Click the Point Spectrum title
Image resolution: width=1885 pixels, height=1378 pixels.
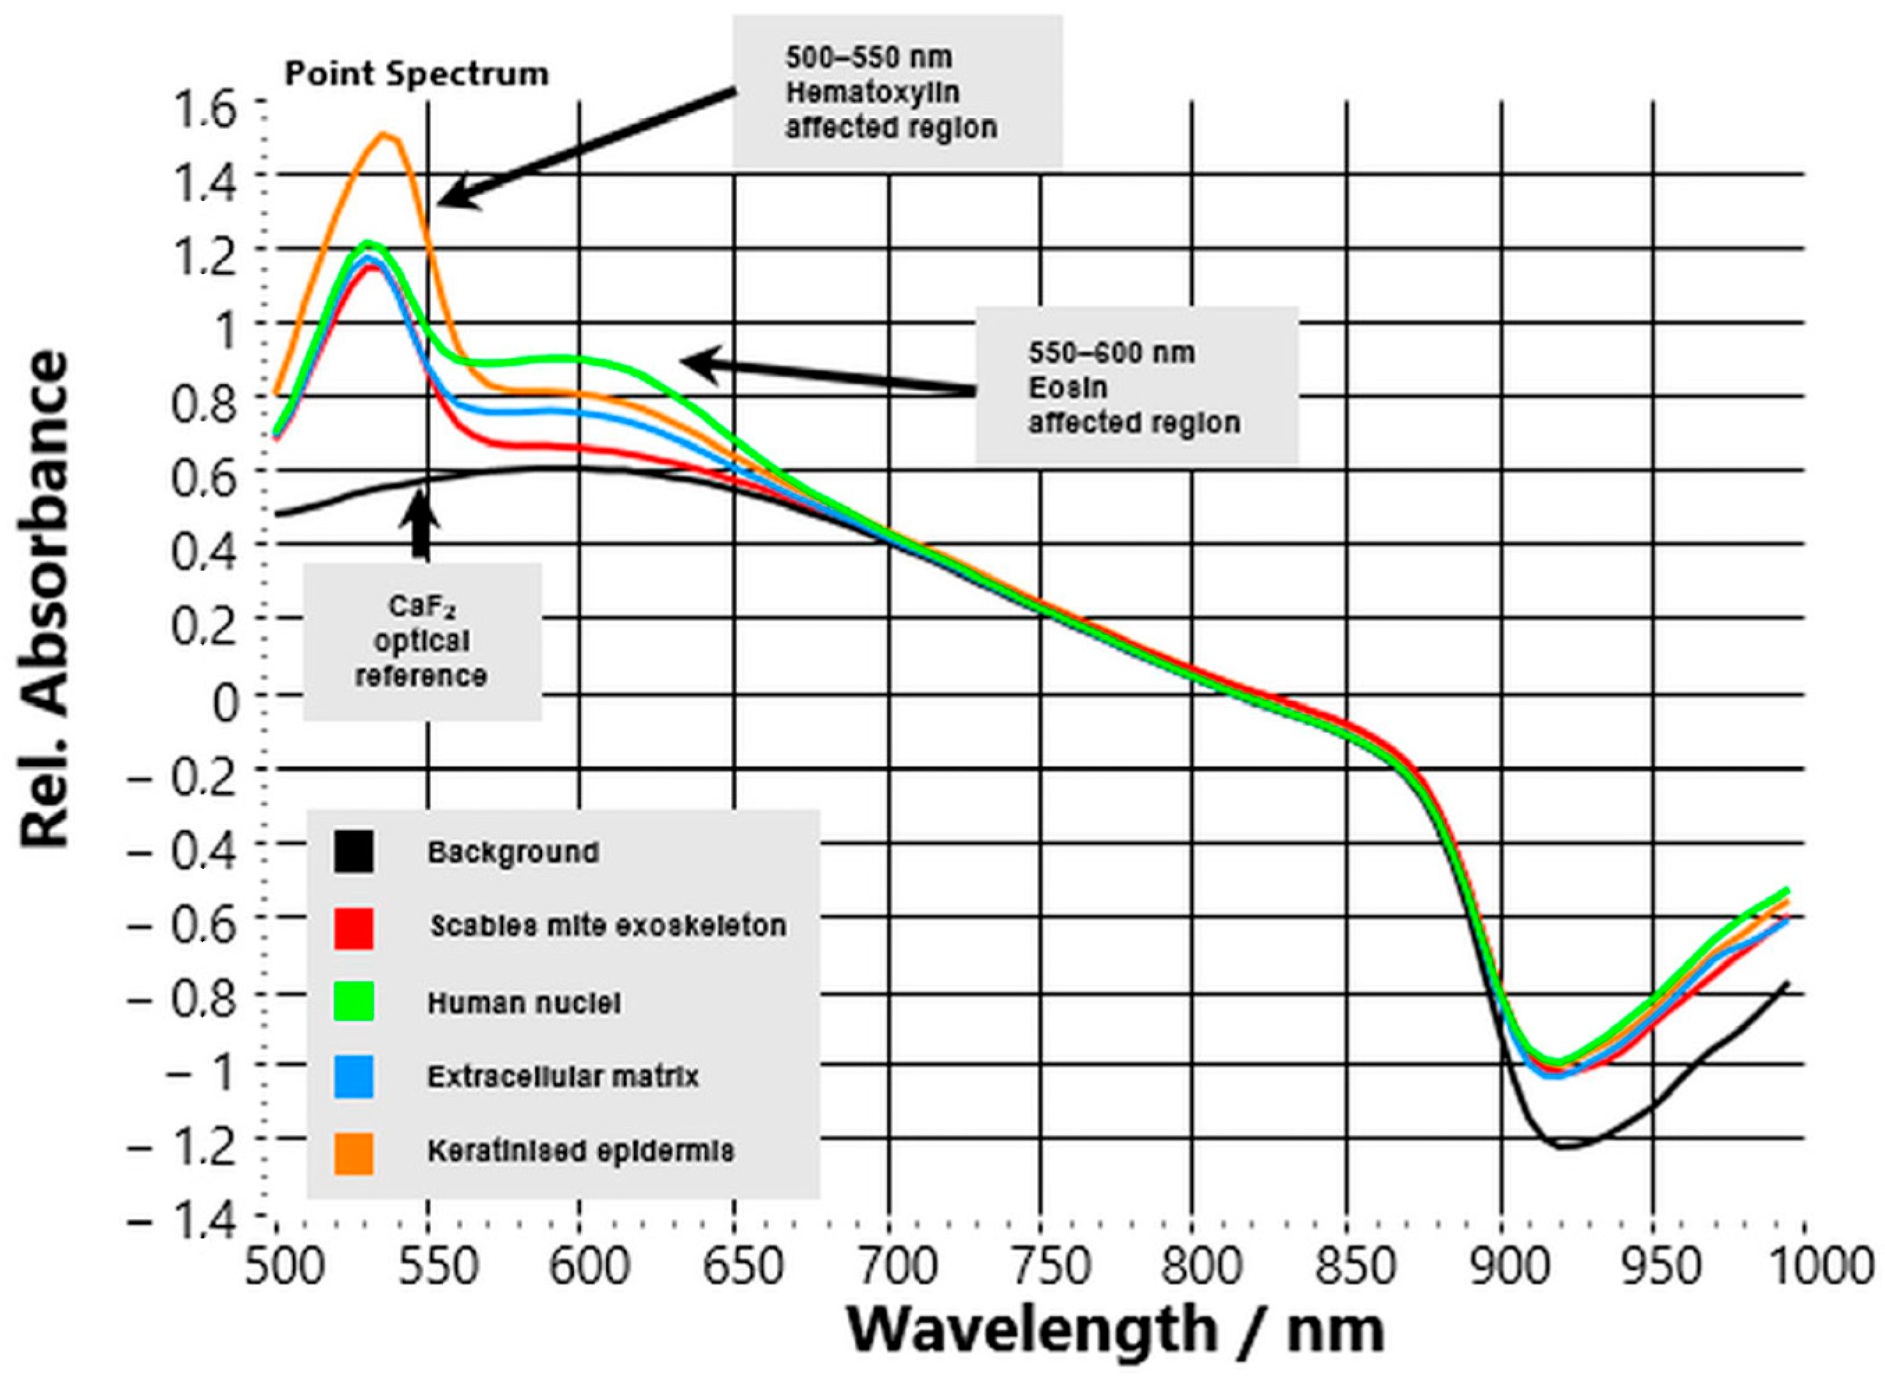point(416,74)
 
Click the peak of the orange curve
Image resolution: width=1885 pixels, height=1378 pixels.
point(384,134)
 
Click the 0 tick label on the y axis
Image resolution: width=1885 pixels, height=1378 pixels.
point(224,702)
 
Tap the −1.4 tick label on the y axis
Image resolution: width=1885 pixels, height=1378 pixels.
point(182,1220)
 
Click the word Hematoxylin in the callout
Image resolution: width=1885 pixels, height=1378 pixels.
point(872,93)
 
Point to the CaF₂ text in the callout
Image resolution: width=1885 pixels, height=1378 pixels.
point(422,607)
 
